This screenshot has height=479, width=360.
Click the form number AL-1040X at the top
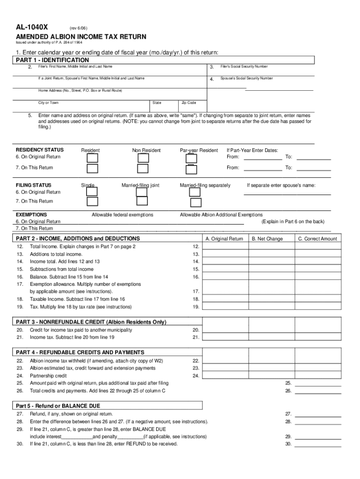click(x=32, y=27)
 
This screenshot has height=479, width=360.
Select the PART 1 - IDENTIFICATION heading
click(x=52, y=60)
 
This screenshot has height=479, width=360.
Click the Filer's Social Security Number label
click(x=244, y=67)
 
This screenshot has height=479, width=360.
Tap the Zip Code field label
click(x=188, y=102)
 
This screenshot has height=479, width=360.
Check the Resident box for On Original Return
click(x=93, y=158)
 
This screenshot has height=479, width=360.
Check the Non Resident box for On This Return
click(x=143, y=169)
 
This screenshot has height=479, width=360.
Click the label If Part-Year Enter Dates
click(x=252, y=150)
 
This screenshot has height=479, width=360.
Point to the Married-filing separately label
click(x=205, y=185)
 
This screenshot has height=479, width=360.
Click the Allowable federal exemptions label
click(x=122, y=215)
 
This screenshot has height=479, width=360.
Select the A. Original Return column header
click(x=224, y=239)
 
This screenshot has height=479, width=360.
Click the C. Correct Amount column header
click(x=317, y=239)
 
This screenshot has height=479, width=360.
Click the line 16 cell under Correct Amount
click(x=317, y=277)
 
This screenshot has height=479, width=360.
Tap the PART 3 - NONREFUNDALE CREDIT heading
click(x=91, y=322)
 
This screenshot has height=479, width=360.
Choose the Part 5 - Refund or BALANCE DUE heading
click(x=58, y=406)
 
